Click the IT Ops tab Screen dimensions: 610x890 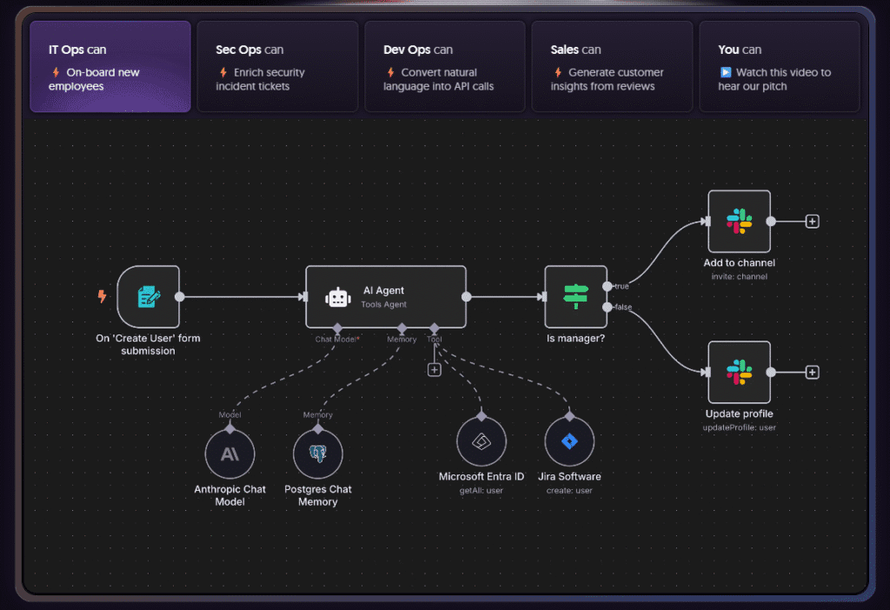110,67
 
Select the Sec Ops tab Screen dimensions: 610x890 277,67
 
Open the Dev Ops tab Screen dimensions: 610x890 444,67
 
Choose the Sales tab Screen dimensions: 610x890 612,67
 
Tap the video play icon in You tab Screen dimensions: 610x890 726,73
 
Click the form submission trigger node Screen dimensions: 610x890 148,297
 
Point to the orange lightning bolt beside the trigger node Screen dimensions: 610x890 103,297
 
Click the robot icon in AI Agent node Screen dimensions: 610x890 337,297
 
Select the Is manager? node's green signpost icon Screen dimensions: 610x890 575,297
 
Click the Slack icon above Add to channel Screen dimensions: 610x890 739,222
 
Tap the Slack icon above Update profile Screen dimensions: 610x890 739,373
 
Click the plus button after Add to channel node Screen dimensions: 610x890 812,222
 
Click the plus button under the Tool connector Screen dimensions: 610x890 435,369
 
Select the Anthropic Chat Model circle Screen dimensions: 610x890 229,454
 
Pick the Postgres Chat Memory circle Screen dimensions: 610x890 318,454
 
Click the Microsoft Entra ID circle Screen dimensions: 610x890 481,441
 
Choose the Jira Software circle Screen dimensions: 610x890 569,441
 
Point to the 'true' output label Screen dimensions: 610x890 621,287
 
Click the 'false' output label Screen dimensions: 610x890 623,308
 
